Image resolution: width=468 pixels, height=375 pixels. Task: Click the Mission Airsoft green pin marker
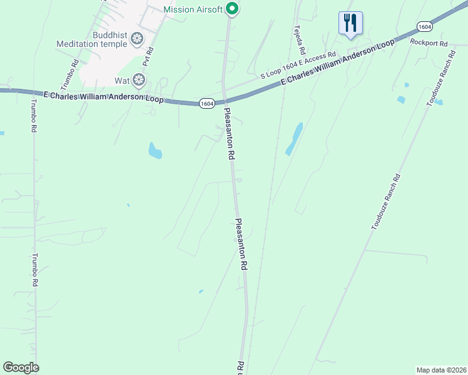[x=232, y=9]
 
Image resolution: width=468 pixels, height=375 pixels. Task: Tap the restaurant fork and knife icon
[x=350, y=23]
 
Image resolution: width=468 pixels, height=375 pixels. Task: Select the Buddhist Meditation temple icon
[x=136, y=39]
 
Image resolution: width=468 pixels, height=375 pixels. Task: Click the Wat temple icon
[x=138, y=79]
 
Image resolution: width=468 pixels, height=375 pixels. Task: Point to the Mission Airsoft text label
[x=193, y=9]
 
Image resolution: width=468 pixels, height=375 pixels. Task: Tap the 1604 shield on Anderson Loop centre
[x=208, y=103]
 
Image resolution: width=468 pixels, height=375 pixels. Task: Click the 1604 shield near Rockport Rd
[x=424, y=26]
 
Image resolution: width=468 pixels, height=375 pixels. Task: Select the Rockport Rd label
[x=429, y=43]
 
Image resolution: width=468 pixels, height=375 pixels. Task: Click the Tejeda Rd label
[x=300, y=40]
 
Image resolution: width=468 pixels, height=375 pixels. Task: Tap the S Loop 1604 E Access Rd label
[x=298, y=65]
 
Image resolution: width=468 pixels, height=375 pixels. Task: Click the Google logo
[x=21, y=367]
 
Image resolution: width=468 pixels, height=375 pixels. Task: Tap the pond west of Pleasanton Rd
[x=155, y=151]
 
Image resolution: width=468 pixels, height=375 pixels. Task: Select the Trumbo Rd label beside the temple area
[x=75, y=72]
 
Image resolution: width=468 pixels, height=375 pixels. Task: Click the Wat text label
[x=121, y=81]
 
